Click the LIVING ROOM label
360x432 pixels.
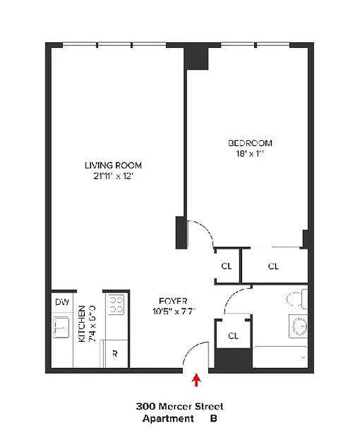point(113,165)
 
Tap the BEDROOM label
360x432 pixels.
point(250,143)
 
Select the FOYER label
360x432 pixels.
point(174,301)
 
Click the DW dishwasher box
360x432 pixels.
point(62,302)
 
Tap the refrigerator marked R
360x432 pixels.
point(115,355)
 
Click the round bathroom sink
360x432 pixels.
point(298,326)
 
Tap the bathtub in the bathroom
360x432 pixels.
point(280,356)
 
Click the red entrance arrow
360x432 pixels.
point(197,381)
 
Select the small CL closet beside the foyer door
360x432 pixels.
point(226,266)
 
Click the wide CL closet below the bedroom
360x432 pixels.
point(274,266)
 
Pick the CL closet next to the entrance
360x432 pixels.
point(233,335)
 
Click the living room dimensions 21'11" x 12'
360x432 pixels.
point(113,176)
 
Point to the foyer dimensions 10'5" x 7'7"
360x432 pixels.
point(174,311)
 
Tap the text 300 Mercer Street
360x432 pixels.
point(179,407)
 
